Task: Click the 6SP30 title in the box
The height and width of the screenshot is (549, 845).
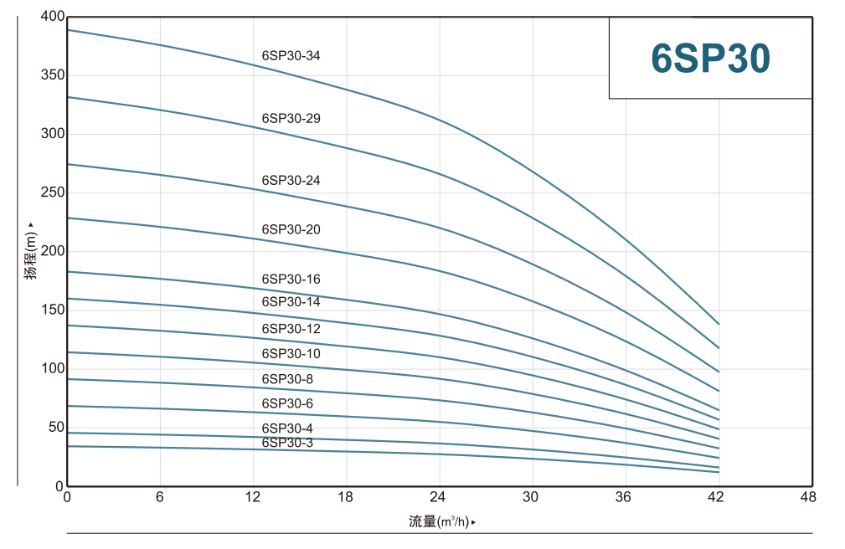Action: [x=710, y=59]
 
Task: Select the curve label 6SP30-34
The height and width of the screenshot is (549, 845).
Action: [x=291, y=56]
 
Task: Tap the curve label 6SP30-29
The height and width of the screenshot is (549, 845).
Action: [x=291, y=119]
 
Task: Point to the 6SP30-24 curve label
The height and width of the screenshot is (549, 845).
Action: [x=291, y=180]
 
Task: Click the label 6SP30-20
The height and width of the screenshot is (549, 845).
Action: [x=291, y=229]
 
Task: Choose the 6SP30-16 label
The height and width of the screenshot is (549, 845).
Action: [x=291, y=279]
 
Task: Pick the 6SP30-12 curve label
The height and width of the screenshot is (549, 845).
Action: [x=291, y=329]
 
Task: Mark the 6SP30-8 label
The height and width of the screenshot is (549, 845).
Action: [x=287, y=379]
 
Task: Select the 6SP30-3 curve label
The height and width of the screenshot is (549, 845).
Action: [x=287, y=443]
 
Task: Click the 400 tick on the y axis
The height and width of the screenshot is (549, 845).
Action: [x=52, y=17]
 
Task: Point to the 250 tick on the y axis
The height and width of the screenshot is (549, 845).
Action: [x=52, y=192]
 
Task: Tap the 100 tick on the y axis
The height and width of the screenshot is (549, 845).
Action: [x=52, y=368]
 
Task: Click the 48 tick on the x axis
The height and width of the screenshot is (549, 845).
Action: [x=808, y=497]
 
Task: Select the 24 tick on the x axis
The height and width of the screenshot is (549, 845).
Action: [x=437, y=497]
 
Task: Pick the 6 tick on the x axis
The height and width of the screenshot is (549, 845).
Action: [x=160, y=497]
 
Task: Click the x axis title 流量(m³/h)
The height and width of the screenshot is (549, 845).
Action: [x=441, y=522]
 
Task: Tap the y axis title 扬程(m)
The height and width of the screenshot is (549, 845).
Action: [x=31, y=251]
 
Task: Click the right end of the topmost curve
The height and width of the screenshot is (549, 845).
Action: [x=719, y=324]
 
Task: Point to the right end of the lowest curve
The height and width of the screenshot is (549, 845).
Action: [x=719, y=472]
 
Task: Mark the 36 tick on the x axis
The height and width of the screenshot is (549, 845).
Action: [x=622, y=497]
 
